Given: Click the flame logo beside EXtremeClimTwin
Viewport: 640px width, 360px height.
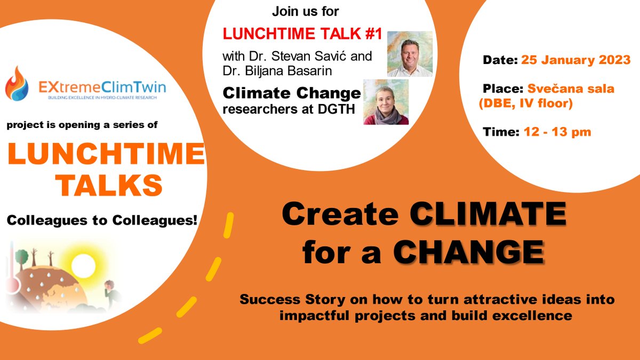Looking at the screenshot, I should click(x=17, y=83).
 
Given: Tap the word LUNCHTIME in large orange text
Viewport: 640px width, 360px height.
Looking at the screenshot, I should click(x=106, y=155).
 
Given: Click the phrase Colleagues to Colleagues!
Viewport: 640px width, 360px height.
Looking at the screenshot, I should click(x=102, y=219).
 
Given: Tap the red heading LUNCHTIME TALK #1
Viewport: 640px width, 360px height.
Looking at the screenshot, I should click(x=302, y=34).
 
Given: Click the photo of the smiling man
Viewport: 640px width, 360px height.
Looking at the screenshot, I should click(x=409, y=53).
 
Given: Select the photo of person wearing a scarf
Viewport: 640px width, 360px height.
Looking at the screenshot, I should click(x=386, y=102).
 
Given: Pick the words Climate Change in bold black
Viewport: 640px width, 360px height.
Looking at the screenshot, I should click(x=292, y=94).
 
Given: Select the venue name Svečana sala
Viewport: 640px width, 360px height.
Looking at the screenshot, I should click(x=571, y=89).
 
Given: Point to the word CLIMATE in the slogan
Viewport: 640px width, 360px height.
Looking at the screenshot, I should click(x=487, y=215).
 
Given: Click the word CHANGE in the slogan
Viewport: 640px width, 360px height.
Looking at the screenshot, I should click(x=469, y=251).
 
